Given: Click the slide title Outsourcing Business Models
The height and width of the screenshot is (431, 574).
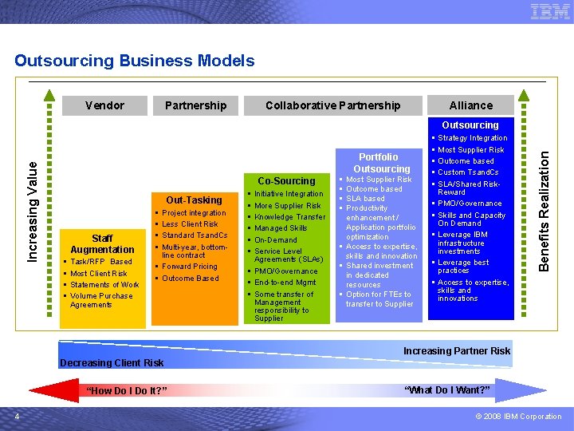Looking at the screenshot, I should coord(135,61).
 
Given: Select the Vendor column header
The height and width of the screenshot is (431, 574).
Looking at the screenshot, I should coord(104,105).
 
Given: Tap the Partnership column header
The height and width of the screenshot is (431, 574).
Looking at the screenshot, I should coord(195,105).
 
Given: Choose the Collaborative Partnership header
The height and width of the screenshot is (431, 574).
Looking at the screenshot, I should coord(332,105).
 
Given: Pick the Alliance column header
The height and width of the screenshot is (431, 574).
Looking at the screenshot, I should coord(470,105).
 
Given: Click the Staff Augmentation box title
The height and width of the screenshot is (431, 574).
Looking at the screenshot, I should coord(102,243).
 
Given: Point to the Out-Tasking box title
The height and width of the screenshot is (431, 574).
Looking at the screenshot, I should coord(194,200).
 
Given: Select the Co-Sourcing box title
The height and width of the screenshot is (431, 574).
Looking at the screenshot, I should coord(287,180).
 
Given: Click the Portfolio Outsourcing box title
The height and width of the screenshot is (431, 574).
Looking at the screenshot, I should coord(381,163).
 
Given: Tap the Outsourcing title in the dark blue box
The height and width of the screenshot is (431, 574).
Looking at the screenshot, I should coord(470,125).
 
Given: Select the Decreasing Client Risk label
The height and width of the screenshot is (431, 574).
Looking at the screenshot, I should coord(112,363).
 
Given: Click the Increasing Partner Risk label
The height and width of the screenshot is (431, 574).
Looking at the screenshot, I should coord(457,351).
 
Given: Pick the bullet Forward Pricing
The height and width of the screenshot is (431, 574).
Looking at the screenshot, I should coord(190,267).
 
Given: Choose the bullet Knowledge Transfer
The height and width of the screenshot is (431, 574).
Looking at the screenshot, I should coord(290,217).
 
